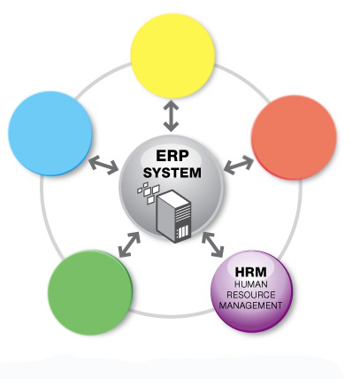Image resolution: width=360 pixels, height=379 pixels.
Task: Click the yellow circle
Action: click(x=172, y=55)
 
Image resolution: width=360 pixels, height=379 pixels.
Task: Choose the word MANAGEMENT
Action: click(x=250, y=305)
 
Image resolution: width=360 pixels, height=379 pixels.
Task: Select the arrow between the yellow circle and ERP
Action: click(x=173, y=113)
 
